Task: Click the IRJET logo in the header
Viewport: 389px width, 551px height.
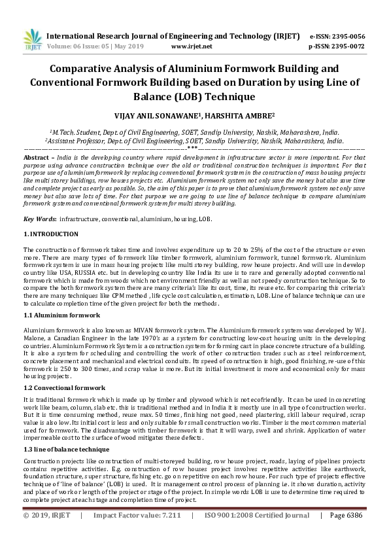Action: tap(31, 41)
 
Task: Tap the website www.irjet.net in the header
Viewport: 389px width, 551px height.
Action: tap(192, 46)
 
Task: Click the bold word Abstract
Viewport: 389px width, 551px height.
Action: tap(37, 158)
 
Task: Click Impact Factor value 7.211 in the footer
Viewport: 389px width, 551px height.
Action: tap(137, 533)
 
